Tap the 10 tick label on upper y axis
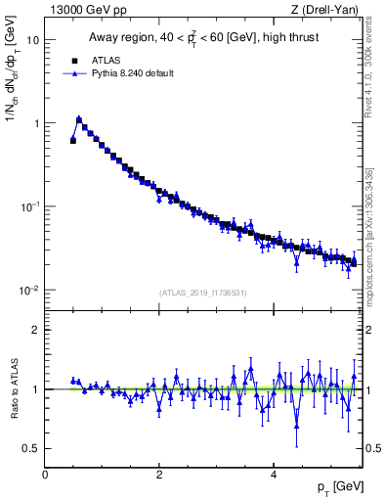[x=32, y=40]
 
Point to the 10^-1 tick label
[x=29, y=206]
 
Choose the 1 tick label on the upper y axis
[x=35, y=123]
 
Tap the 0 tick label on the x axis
[x=45, y=475]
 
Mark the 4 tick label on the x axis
[x=275, y=475]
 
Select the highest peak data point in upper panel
[x=79, y=119]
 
